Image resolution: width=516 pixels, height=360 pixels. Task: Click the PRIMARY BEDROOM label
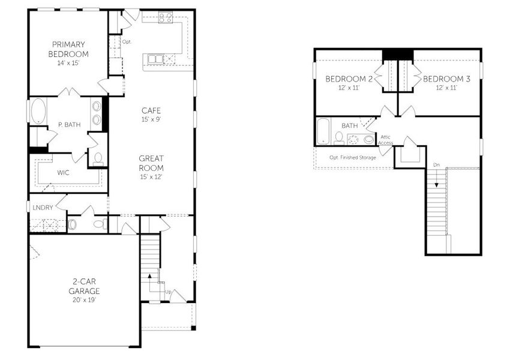click(68, 49)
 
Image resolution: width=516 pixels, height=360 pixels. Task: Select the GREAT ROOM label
click(151, 163)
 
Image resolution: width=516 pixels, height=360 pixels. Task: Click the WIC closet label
click(64, 172)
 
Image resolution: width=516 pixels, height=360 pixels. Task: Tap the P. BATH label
click(69, 125)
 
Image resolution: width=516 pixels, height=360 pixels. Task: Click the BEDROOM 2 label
click(349, 79)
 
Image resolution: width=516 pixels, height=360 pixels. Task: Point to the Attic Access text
click(386, 140)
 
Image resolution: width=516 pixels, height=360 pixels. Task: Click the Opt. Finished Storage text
click(353, 157)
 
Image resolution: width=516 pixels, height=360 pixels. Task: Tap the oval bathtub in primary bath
click(37, 112)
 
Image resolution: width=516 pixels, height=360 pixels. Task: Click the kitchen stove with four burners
click(166, 18)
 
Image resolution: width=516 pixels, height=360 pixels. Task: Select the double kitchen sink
click(155, 59)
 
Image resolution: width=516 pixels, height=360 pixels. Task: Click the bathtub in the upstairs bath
click(323, 131)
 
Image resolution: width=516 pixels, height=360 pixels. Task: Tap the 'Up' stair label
click(168, 292)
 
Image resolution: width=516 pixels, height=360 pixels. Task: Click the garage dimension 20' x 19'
click(84, 299)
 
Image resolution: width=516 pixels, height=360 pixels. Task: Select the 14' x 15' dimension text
click(68, 63)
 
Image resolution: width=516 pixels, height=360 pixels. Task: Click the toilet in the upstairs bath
click(340, 139)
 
